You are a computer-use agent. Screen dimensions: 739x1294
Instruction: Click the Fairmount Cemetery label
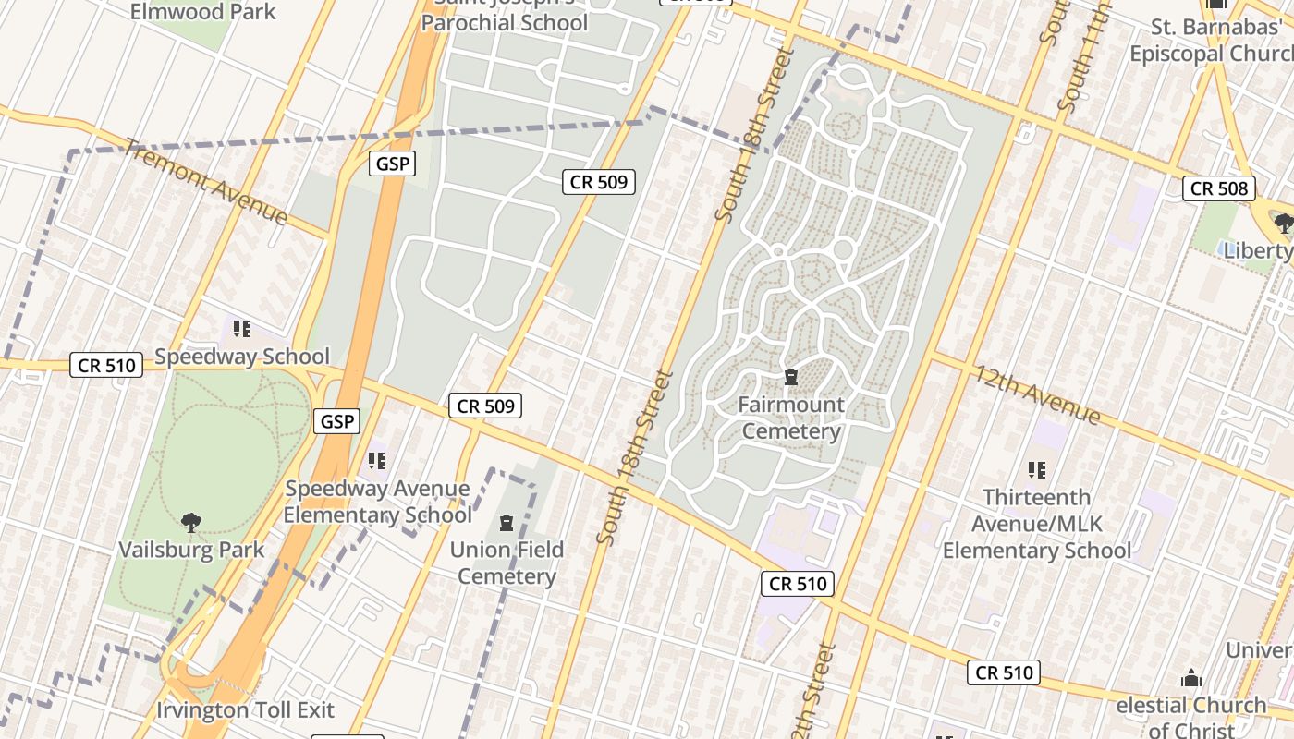tap(791, 418)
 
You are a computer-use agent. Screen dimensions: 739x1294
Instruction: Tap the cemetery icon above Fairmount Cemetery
tap(791, 377)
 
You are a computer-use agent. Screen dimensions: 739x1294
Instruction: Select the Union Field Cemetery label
tap(507, 563)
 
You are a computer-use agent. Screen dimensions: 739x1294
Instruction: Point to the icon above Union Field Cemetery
tap(507, 524)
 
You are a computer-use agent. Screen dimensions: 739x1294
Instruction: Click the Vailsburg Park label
tap(191, 550)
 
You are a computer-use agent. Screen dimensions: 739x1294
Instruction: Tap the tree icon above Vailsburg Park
tap(191, 523)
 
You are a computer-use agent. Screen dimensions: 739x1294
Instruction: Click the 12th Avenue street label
tap(1036, 394)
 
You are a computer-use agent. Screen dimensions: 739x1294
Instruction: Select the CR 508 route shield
tap(1219, 188)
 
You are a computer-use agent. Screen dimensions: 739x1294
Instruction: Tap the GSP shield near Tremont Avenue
tap(392, 164)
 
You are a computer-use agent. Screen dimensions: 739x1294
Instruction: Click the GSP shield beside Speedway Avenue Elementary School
tap(336, 421)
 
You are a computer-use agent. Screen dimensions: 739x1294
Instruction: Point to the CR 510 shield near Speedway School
tap(106, 365)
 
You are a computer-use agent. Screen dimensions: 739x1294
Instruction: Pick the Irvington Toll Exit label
tap(245, 710)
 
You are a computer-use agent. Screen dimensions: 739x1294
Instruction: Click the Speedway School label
tap(242, 357)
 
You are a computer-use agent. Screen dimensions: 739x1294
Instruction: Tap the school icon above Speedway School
tap(242, 329)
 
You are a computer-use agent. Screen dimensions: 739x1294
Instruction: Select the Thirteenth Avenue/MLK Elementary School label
tap(1036, 524)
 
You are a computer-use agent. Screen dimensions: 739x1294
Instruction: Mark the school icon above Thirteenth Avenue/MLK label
tap(1037, 470)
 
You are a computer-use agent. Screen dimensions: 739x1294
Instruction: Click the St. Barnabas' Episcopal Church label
tap(1211, 41)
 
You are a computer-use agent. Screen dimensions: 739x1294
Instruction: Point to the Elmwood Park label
tap(202, 12)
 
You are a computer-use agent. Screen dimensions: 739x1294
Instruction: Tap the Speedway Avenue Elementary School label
tap(377, 502)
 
